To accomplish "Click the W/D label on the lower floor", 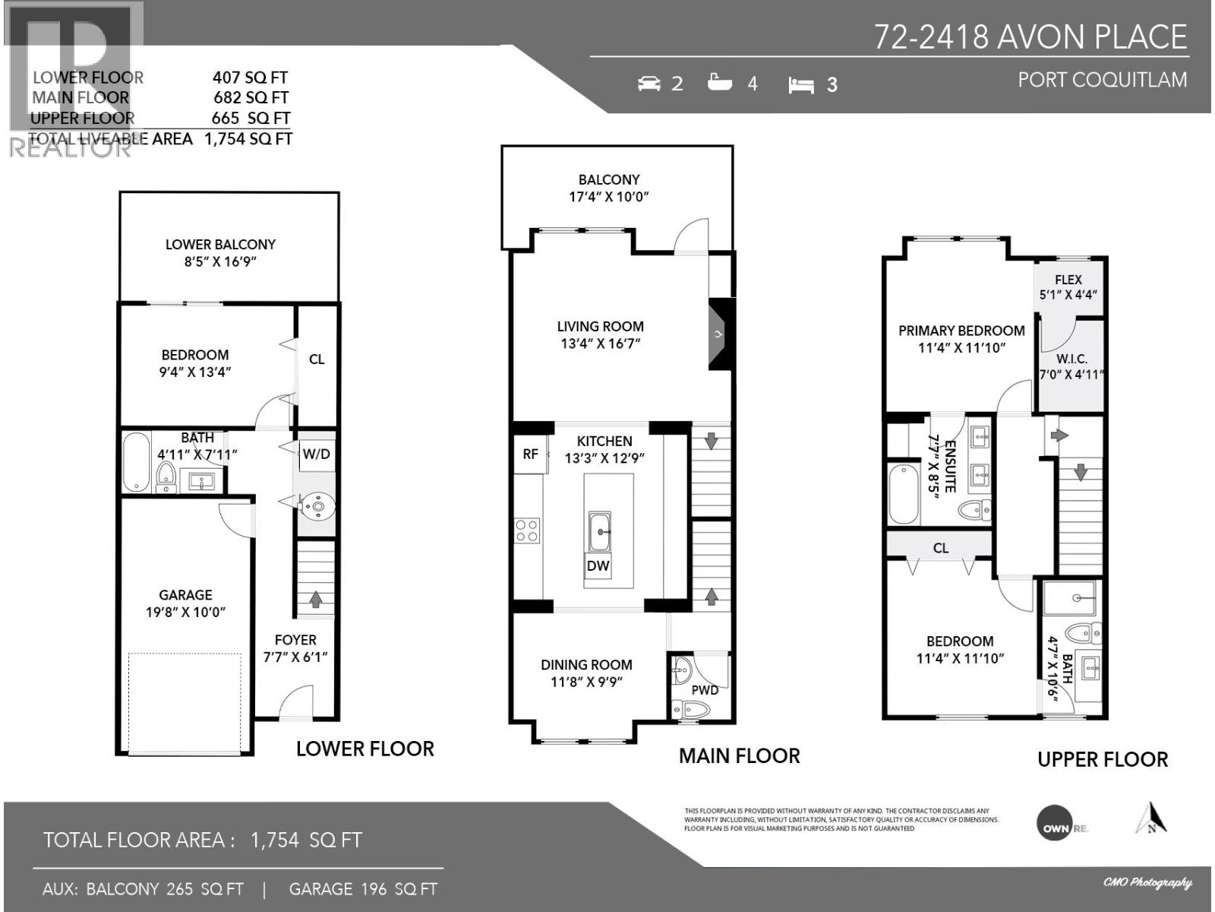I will pos(316,454).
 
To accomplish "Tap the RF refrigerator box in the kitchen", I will pos(530,454).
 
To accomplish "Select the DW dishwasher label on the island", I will pos(598,565).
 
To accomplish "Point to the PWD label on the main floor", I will pos(705,690).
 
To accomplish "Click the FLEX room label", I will pos(1068,280).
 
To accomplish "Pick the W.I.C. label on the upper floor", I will pos(1071,359).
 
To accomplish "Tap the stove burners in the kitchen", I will pos(527,530).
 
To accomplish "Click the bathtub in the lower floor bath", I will pos(137,462).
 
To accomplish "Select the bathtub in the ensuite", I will pos(904,495).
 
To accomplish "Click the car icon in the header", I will pos(649,83).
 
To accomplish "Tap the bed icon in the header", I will pos(801,84).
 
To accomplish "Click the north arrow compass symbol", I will pos(1151,819).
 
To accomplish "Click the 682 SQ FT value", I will pos(251,97).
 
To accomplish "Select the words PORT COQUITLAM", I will pos(1102,80).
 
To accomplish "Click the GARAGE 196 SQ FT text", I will pos(363,888).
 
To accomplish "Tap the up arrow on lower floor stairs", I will pos(315,600).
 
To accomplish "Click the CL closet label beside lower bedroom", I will pos(317,359).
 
